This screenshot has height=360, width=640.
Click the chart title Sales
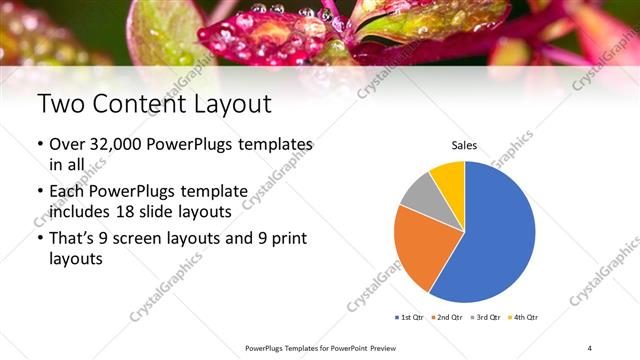464,146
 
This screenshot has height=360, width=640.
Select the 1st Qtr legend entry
410,317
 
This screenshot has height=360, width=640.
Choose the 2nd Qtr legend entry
447,317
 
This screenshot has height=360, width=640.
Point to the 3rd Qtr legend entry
487,317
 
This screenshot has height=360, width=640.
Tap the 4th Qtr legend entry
524,317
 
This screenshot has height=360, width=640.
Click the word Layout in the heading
230,104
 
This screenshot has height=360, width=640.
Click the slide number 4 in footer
590,347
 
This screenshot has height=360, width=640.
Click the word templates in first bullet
274,146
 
